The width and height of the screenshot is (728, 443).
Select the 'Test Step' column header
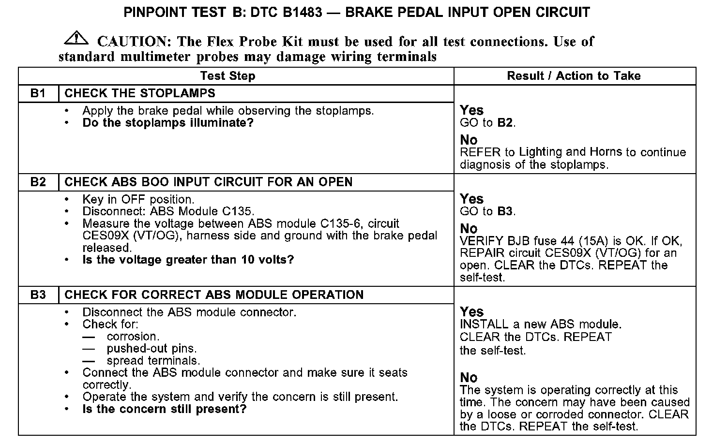(x=227, y=76)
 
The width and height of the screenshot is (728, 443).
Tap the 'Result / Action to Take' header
(x=574, y=76)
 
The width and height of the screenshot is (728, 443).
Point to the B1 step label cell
(x=38, y=93)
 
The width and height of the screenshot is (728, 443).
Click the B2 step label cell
(x=38, y=182)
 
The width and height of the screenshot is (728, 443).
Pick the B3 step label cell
(x=38, y=295)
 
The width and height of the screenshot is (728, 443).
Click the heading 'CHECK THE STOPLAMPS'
(x=140, y=93)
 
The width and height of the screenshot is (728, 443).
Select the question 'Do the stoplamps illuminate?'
(x=168, y=123)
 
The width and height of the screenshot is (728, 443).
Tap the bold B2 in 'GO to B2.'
(x=505, y=123)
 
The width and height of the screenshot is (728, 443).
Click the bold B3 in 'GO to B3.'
(x=505, y=211)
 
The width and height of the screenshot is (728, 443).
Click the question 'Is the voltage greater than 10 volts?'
(x=188, y=260)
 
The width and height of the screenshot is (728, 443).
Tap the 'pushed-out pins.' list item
(x=152, y=349)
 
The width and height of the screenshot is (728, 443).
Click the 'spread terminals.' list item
(x=153, y=361)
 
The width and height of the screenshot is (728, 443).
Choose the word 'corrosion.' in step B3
(x=133, y=337)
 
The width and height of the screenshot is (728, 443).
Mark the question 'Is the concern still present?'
(x=164, y=409)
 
